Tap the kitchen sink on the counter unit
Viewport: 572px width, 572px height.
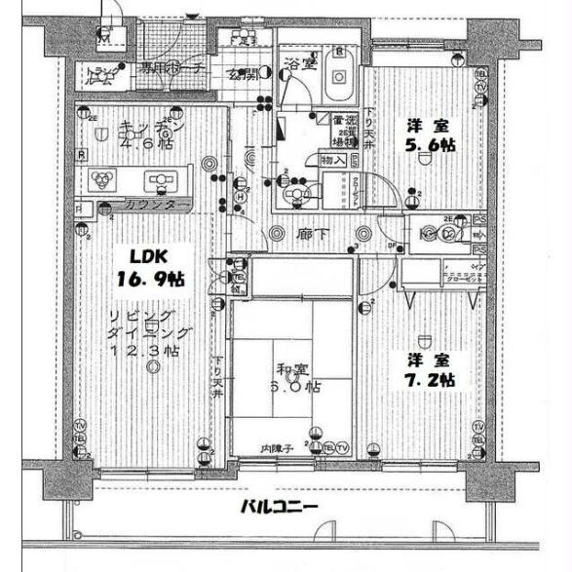coord(159,179)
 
